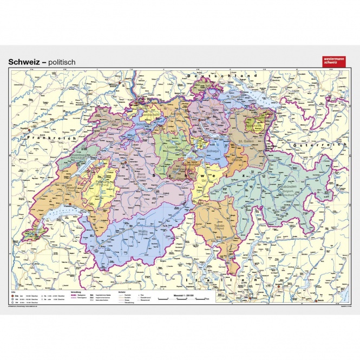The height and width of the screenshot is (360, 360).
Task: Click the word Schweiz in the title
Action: pos(24,62)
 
